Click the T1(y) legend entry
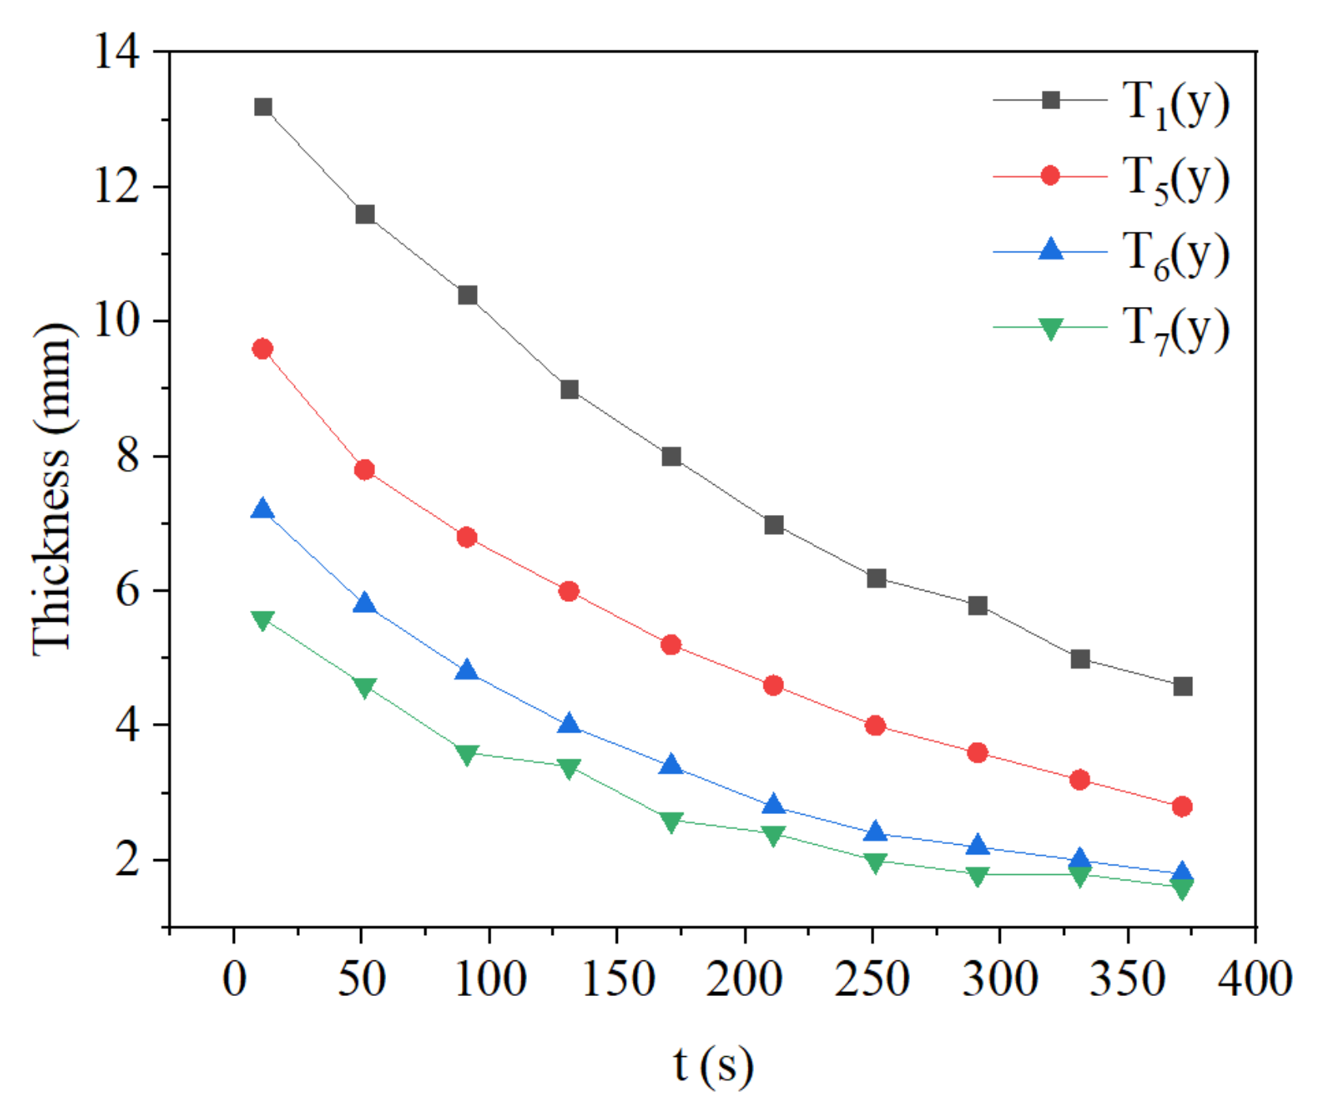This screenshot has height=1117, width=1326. pyautogui.click(x=1176, y=104)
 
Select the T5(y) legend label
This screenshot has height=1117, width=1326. pyautogui.click(x=1176, y=179)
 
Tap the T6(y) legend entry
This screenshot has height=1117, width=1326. pyautogui.click(x=1176, y=254)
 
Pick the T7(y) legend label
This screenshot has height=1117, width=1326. pyautogui.click(x=1176, y=329)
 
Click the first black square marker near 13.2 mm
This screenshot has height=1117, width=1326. pyautogui.click(x=263, y=107)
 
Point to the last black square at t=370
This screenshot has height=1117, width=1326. pyautogui.click(x=1183, y=686)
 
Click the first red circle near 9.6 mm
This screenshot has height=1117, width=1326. pyautogui.click(x=263, y=349)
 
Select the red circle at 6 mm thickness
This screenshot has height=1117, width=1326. pyautogui.click(x=569, y=591)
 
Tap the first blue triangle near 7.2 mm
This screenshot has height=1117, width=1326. pyautogui.click(x=263, y=509)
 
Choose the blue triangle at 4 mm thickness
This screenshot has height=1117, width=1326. pyautogui.click(x=569, y=724)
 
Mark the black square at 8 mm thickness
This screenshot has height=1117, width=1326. pyautogui.click(x=672, y=456)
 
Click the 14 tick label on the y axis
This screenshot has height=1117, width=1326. pyautogui.click(x=117, y=52)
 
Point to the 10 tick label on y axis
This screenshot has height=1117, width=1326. pyautogui.click(x=117, y=321)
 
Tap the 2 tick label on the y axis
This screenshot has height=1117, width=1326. pyautogui.click(x=128, y=859)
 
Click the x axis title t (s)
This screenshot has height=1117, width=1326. pyautogui.click(x=713, y=1064)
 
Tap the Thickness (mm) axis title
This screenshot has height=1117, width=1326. pyautogui.click(x=54, y=489)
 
